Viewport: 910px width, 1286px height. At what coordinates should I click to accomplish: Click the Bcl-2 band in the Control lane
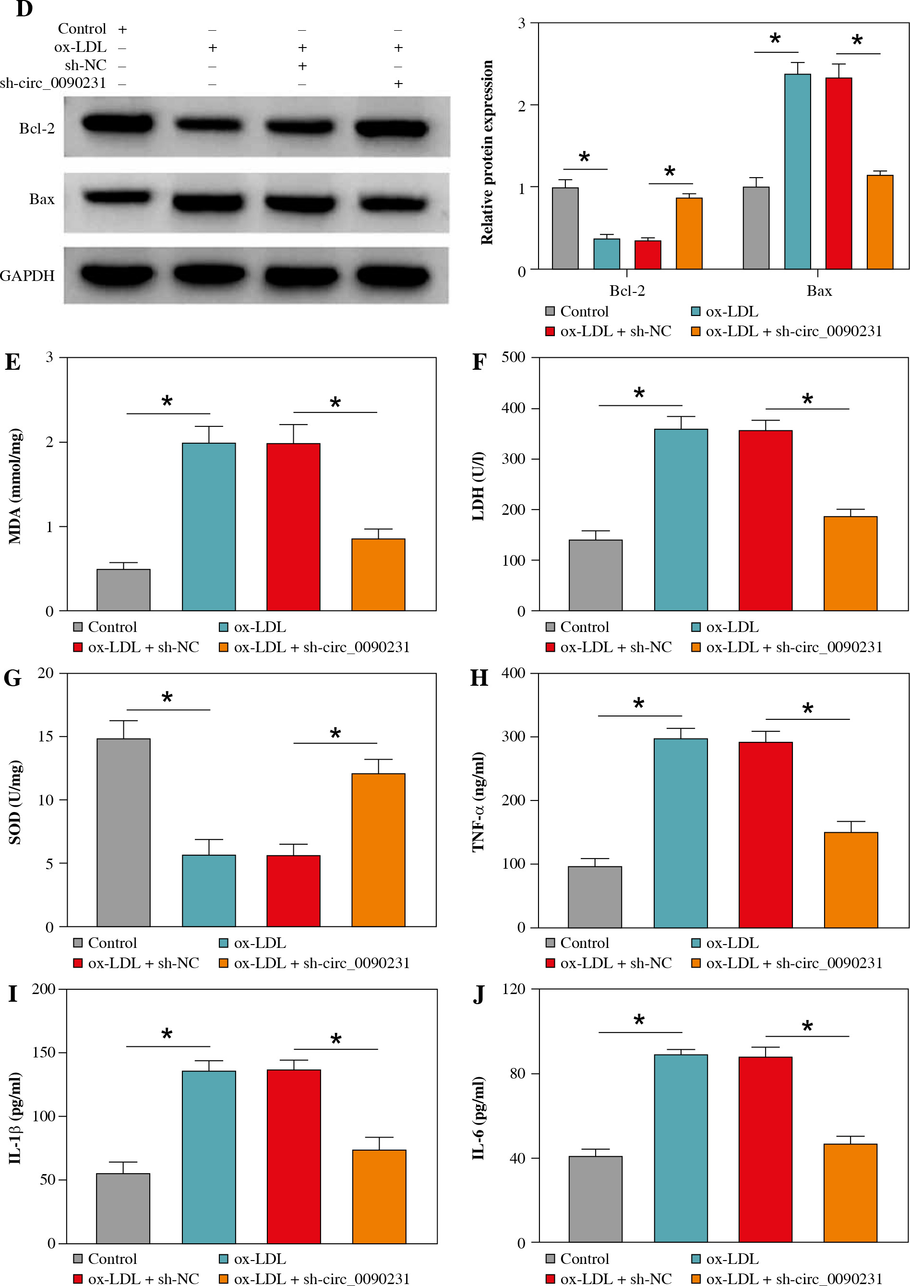(x=118, y=123)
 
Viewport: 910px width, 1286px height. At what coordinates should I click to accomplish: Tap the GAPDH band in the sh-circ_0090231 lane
(x=393, y=276)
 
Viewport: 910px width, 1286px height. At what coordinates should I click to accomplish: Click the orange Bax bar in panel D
(x=880, y=222)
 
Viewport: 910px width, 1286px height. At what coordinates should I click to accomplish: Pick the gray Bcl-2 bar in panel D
(x=565, y=228)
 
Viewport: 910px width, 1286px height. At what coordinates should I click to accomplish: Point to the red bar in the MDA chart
(x=293, y=526)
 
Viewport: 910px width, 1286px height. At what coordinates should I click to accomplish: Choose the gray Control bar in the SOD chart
(x=123, y=833)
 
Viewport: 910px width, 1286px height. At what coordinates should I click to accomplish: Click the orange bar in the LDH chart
(x=850, y=563)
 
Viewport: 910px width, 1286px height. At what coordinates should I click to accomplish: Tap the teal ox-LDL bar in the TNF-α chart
(x=680, y=833)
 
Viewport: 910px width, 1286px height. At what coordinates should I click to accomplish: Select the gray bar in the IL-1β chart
(x=123, y=1208)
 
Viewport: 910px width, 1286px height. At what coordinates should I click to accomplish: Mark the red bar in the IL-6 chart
(x=765, y=1149)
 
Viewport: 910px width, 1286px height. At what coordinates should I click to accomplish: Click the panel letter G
(x=12, y=679)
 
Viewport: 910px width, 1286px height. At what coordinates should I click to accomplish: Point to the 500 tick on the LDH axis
(x=513, y=357)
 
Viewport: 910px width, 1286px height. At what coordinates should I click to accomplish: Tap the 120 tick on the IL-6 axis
(x=513, y=989)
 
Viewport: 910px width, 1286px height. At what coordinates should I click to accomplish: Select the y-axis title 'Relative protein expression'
(x=486, y=153)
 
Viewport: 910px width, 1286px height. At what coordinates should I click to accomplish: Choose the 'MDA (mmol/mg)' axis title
(x=15, y=486)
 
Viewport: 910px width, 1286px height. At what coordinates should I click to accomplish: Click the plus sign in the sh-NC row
(x=302, y=66)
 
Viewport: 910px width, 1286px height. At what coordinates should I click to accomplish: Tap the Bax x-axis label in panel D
(x=819, y=291)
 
